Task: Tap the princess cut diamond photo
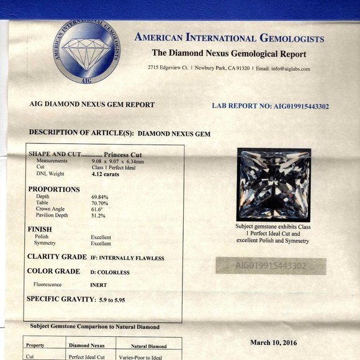(x=273, y=184)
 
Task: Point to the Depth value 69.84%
(x=99, y=197)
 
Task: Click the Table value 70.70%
(x=99, y=203)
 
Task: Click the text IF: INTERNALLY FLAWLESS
(x=127, y=258)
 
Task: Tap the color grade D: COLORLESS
(x=110, y=272)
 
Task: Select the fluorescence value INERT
(x=99, y=285)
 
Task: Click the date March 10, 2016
(x=273, y=342)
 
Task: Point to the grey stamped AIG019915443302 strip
(x=271, y=266)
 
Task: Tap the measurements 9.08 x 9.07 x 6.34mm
(x=118, y=161)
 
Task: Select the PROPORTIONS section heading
(x=54, y=189)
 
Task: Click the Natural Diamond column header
(x=149, y=346)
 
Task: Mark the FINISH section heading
(x=40, y=229)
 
